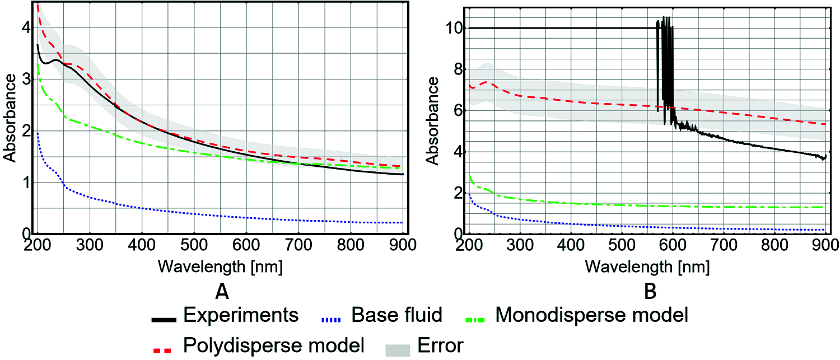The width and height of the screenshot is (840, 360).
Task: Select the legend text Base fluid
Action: (x=397, y=315)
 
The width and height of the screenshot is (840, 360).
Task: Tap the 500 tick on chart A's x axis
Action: (x=194, y=245)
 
